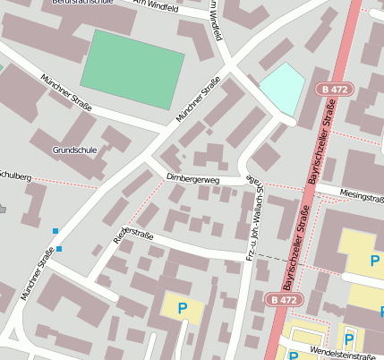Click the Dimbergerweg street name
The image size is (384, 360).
pos(193,179)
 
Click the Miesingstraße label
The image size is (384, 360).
pos(363,195)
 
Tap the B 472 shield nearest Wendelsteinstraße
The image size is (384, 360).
pos(284,299)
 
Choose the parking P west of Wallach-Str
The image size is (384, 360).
pos(183,308)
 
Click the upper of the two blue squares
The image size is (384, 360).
pos(55,231)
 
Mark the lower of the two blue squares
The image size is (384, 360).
pos(59,249)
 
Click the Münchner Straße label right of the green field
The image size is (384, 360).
pos(199,101)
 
